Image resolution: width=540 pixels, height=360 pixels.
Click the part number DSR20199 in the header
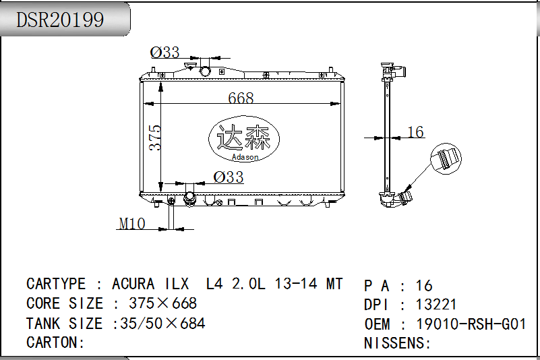(x=60, y=20)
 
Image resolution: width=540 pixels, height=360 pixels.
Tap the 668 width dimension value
(x=241, y=98)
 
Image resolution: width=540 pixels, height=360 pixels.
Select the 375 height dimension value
(x=155, y=138)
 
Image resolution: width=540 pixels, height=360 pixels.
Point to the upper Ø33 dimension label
(x=165, y=53)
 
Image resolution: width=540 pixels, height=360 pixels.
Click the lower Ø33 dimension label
(x=229, y=177)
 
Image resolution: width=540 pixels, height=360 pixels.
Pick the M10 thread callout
(x=132, y=224)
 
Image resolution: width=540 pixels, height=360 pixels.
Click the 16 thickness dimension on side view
(x=415, y=132)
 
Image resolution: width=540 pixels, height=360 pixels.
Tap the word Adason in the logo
(x=245, y=157)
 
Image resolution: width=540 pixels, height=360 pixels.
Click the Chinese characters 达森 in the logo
(x=244, y=137)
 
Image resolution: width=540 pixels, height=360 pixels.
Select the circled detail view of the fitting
(x=446, y=159)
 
